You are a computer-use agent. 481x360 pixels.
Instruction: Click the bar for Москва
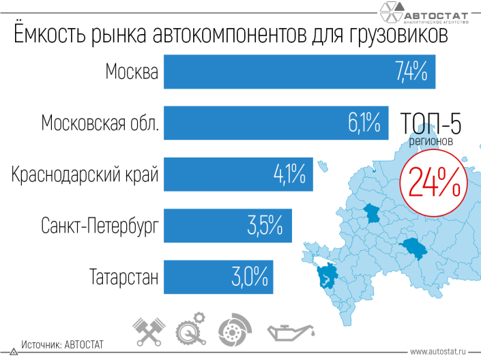pyautogui.click(x=300, y=72)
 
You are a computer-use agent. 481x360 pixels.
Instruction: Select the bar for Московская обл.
pyautogui.click(x=276, y=123)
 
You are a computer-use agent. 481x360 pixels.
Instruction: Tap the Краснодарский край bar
pyautogui.click(x=238, y=174)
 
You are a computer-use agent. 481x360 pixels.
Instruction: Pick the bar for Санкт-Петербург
pyautogui.click(x=228, y=226)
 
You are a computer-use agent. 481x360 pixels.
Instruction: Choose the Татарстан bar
pyautogui.click(x=218, y=277)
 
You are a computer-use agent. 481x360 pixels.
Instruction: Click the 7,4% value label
pyautogui.click(x=411, y=72)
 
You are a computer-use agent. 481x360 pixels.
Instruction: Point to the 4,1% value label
pyautogui.click(x=289, y=174)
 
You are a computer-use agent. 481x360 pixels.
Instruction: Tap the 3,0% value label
pyautogui.click(x=250, y=277)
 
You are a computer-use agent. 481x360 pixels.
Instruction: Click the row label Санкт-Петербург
pyautogui.click(x=100, y=226)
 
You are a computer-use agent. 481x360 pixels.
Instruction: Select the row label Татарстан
pyautogui.click(x=124, y=277)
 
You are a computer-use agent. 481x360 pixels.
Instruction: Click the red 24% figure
pyautogui.click(x=435, y=182)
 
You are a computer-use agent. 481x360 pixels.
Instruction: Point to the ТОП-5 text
pyautogui.click(x=431, y=123)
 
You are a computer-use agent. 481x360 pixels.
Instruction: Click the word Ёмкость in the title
pyautogui.click(x=50, y=33)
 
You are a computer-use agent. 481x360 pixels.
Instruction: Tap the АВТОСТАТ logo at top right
pyautogui.click(x=424, y=13)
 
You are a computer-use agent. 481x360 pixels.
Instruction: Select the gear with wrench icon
pyautogui.click(x=191, y=329)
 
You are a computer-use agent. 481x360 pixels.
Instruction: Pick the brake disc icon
pyautogui.click(x=235, y=330)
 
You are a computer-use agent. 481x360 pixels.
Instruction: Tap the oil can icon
pyautogui.click(x=291, y=333)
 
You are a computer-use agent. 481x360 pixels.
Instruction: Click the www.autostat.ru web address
pyautogui.click(x=438, y=351)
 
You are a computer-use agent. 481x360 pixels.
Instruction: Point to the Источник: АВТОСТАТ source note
pyautogui.click(x=62, y=345)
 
